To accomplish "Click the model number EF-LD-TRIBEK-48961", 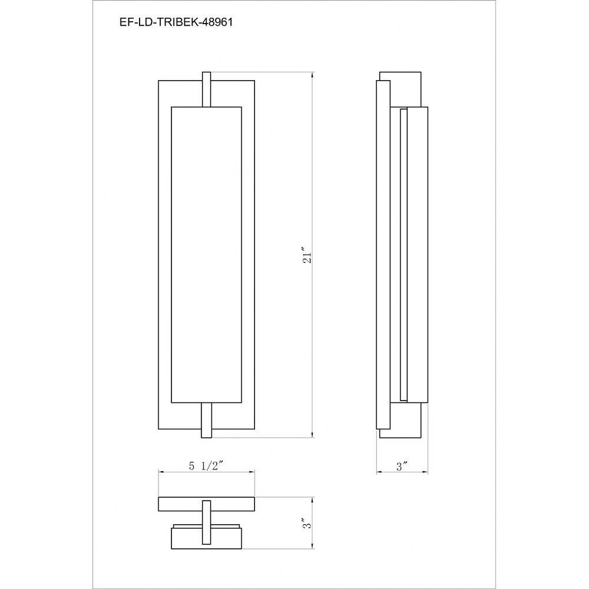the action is pyautogui.click(x=176, y=22).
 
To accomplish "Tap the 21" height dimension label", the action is pyautogui.click(x=307, y=256).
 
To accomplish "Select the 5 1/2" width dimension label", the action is pyautogui.click(x=206, y=466).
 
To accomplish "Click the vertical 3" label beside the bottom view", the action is pyautogui.click(x=307, y=523).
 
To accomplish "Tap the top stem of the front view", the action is pyautogui.click(x=207, y=90).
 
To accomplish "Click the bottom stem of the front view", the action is pyautogui.click(x=207, y=421).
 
